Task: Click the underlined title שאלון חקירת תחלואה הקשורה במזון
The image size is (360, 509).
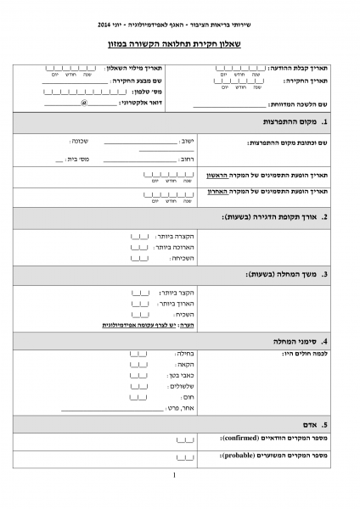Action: pos(180,42)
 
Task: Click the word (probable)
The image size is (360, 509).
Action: pos(239,456)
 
